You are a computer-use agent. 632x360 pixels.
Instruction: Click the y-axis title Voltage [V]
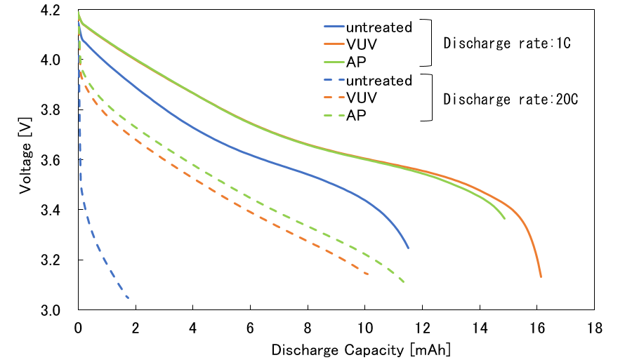click(x=25, y=161)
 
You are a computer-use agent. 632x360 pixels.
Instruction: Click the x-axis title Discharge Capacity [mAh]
click(x=361, y=349)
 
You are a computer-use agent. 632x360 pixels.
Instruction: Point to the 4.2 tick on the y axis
click(x=59, y=11)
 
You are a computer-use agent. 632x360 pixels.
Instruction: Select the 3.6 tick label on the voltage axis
click(x=59, y=161)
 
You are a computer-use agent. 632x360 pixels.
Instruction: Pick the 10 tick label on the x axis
click(x=364, y=328)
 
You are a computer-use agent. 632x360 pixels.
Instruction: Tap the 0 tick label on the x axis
click(x=78, y=328)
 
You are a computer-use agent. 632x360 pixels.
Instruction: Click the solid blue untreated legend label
click(x=378, y=27)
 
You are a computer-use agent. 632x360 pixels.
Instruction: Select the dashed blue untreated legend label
click(x=378, y=81)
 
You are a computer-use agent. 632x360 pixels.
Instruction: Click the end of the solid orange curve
click(x=541, y=277)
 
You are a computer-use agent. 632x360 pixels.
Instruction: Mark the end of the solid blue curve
click(x=408, y=248)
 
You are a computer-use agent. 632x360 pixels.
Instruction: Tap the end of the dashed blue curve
click(x=129, y=298)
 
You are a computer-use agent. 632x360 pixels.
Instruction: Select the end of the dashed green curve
click(x=404, y=283)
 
